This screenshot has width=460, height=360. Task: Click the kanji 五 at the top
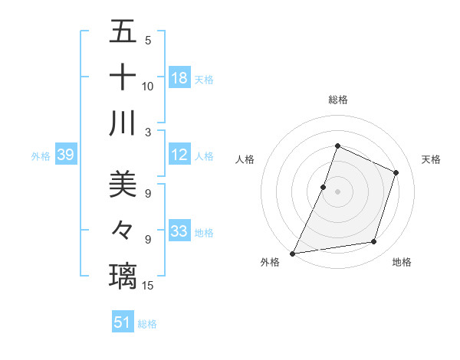pos(123,33)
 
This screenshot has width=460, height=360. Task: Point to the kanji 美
pos(123,184)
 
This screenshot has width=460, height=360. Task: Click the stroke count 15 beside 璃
pos(148,286)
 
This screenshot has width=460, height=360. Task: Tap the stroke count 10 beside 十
pos(148,87)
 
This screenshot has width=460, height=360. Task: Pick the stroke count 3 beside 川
pos(148,131)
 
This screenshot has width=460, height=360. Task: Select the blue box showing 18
pos(179,78)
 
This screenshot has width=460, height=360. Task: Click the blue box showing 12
pos(179,155)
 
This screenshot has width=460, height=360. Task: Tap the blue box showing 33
pos(179,231)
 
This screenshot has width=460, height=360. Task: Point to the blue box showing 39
pos(65,155)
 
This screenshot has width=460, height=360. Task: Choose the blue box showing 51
pos(123,322)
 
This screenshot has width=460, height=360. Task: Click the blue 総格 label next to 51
pos(147,324)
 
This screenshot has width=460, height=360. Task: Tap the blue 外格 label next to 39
pos(41,156)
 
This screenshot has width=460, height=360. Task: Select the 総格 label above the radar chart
pos(337,100)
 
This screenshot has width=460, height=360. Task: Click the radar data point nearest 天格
pos(396,172)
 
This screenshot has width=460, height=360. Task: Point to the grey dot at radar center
pos(337,191)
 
